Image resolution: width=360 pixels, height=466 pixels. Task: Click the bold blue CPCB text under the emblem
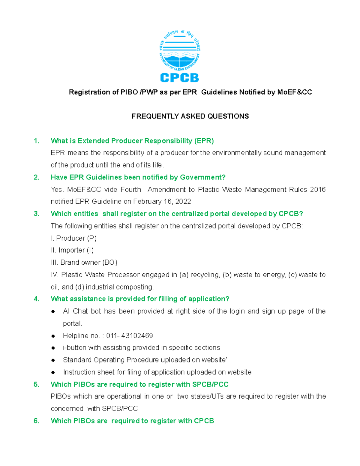[179, 78]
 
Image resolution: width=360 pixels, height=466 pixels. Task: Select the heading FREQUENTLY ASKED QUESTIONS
[190, 116]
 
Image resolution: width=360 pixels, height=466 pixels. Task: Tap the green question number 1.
[36, 141]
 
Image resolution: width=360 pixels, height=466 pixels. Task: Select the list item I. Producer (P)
[74, 238]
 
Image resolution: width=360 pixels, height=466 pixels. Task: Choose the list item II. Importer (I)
[72, 250]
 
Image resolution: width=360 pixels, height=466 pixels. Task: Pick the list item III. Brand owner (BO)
[84, 262]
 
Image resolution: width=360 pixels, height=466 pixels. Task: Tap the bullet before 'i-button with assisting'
[53, 348]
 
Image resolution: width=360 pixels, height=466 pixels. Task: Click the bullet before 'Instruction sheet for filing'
[53, 372]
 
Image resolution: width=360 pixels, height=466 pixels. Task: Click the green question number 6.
[36, 421]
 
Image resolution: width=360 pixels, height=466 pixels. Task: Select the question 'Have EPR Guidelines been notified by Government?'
[138, 177]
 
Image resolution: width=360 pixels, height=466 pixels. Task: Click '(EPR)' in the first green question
[204, 141]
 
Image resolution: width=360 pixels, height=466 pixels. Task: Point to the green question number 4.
[36, 299]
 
